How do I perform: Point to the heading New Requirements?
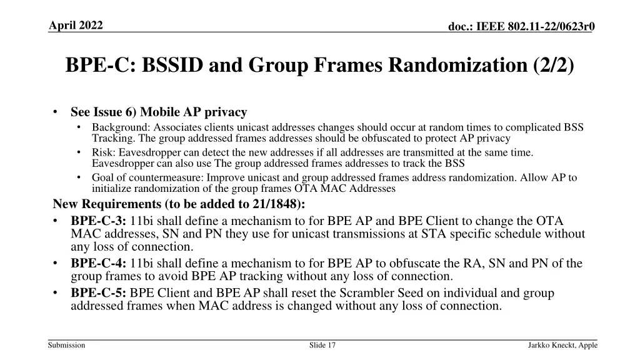coord(108,205)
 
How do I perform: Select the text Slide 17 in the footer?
coord(322,345)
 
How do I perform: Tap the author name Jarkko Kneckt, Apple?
coord(562,345)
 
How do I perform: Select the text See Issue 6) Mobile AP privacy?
coord(159,112)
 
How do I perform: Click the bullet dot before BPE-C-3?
coord(56,221)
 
